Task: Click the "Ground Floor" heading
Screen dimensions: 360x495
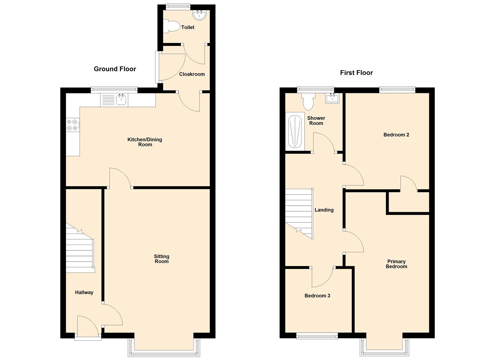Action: click(115, 69)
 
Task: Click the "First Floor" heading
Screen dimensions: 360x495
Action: click(356, 73)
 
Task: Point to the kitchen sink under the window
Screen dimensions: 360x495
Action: click(121, 99)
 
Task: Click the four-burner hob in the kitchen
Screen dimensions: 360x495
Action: click(73, 125)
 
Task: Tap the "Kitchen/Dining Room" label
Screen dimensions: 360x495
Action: click(145, 142)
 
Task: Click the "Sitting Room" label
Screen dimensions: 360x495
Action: click(161, 259)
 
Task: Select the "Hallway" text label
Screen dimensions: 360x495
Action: click(84, 292)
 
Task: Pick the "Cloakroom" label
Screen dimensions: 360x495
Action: click(192, 74)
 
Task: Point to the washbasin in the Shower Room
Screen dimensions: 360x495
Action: click(332, 98)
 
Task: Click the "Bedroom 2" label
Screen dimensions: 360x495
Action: click(396, 135)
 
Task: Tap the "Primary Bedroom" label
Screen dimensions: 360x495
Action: click(396, 264)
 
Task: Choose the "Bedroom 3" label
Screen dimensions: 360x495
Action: click(317, 296)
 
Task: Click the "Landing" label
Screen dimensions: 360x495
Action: click(324, 210)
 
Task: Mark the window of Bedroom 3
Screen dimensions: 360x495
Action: click(317, 336)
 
